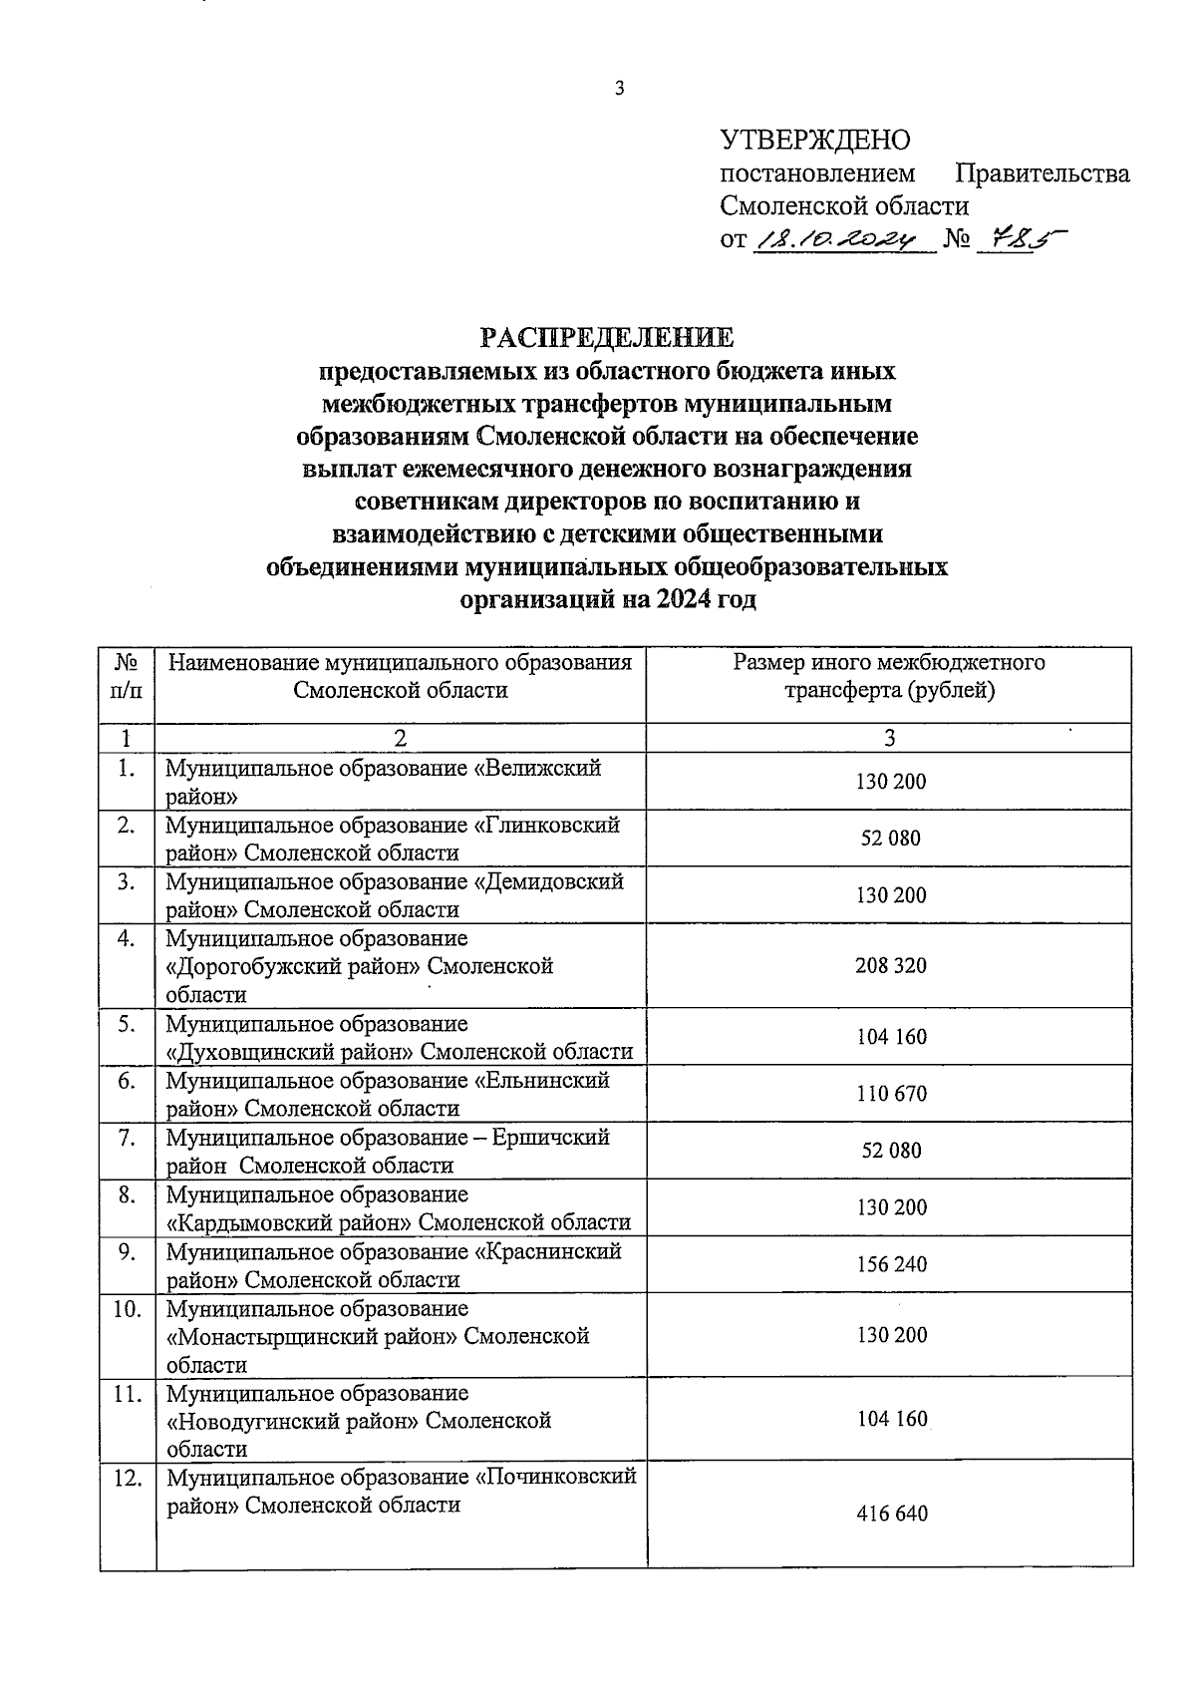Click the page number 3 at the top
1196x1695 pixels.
[x=618, y=89]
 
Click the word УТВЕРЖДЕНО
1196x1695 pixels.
[x=815, y=141]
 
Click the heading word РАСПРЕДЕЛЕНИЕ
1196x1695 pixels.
[x=607, y=337]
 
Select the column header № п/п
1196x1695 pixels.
[x=128, y=676]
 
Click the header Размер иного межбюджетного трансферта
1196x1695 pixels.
[x=889, y=676]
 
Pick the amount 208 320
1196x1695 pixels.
[x=891, y=965]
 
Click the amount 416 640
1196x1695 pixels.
[x=891, y=1514]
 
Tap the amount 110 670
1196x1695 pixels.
[x=891, y=1094]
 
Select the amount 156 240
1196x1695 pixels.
[x=891, y=1264]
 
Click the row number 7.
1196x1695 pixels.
[x=127, y=1138]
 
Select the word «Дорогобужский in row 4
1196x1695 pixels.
[x=243, y=966]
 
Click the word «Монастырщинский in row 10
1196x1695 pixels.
[x=264, y=1336]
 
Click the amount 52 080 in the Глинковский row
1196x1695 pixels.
[x=891, y=838]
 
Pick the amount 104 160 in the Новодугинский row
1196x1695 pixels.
[x=891, y=1419]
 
